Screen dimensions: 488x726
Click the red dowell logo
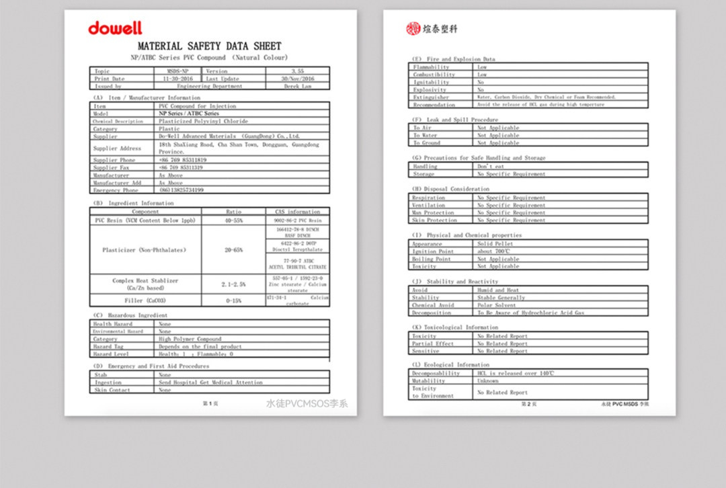[x=115, y=28]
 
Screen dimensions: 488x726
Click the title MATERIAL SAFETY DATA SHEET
[x=209, y=46]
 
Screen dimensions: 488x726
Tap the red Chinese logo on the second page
[x=432, y=28]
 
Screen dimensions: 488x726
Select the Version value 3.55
[x=297, y=71]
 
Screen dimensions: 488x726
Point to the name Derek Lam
[x=297, y=86]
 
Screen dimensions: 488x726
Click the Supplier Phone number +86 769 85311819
[x=182, y=160]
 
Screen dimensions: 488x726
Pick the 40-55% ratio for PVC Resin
[x=234, y=220]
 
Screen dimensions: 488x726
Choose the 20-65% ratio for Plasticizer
[x=234, y=249]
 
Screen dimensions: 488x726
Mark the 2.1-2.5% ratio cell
[x=234, y=284]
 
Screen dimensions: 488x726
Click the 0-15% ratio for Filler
[x=234, y=300]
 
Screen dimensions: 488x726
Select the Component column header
[x=145, y=212]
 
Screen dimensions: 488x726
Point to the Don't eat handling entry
[x=491, y=166]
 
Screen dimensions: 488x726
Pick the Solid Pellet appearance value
[x=495, y=244]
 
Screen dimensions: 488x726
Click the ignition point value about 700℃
[x=494, y=251]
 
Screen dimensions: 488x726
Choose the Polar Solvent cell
[x=496, y=305]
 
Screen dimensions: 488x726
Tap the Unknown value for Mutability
[x=488, y=381]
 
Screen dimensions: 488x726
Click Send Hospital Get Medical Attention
[x=210, y=382]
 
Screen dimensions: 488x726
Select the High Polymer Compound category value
[x=190, y=339]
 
